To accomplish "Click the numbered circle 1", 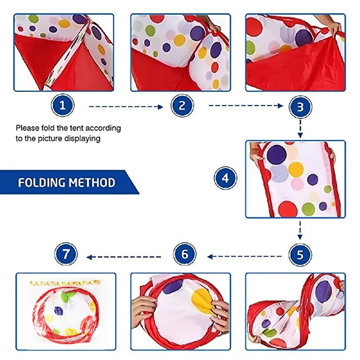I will [x=63, y=106].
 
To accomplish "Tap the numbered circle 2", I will [x=182, y=106].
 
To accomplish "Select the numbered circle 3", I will [x=300, y=107].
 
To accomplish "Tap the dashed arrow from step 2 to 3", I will [x=245, y=107].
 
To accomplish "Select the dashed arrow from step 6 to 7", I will [x=124, y=257].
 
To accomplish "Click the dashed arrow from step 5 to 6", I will [x=243, y=257].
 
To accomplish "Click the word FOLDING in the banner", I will [x=40, y=183].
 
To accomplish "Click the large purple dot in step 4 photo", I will [x=276, y=154].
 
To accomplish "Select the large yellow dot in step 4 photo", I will [x=296, y=169].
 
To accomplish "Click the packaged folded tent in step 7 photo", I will [x=67, y=311].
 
